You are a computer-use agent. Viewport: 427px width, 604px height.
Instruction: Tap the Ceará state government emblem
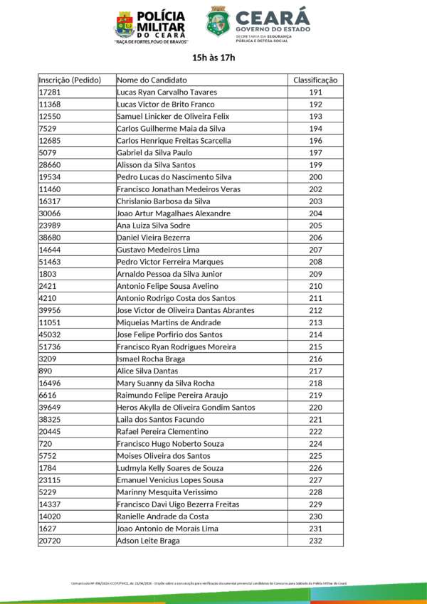coord(217,21)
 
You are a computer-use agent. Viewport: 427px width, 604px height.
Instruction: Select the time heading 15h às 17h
coord(213,58)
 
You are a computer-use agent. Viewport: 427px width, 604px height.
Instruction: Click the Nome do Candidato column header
coord(152,80)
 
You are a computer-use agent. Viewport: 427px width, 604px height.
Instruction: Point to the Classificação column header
coord(316,80)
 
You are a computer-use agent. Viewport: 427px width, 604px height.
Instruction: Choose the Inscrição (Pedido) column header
coord(70,80)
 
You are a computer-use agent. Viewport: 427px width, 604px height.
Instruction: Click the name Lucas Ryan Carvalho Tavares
coord(167,92)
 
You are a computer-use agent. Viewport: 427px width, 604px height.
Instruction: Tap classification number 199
coord(316,165)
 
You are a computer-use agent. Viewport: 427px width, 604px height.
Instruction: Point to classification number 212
coord(316,310)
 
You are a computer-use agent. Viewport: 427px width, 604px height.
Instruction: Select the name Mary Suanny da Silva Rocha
coord(165,383)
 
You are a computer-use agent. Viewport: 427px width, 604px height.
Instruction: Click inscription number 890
coord(45,371)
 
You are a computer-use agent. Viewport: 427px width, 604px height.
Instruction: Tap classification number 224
coord(316,444)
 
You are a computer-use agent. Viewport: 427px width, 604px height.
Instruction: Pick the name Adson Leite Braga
coord(148,541)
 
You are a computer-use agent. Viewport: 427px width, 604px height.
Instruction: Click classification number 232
coord(316,541)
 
